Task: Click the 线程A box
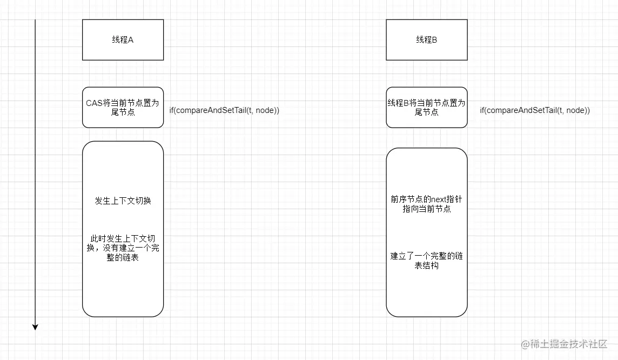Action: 123,39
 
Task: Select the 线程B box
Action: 426,39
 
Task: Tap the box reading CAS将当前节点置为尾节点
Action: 123,107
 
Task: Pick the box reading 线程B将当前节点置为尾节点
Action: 426,107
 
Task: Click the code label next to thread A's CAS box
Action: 224,110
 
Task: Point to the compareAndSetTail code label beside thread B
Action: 535,110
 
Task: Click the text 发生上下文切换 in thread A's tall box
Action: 123,201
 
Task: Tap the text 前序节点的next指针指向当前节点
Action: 426,204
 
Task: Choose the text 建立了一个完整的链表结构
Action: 426,261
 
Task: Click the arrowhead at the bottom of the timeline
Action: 35,326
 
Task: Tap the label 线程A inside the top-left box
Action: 123,39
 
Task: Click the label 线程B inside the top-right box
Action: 426,39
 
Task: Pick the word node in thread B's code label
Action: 575,110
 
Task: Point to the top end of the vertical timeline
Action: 35,21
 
